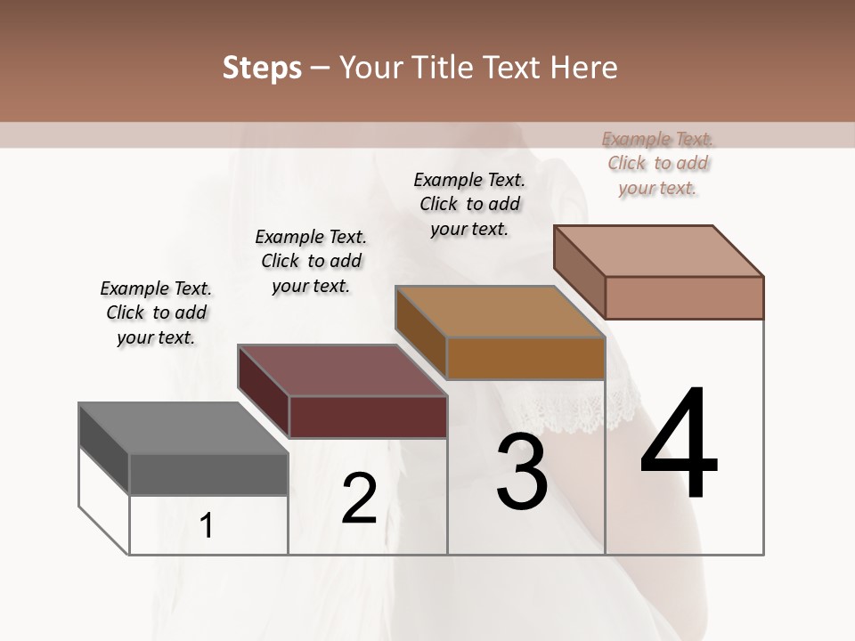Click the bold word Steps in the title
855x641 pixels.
click(x=261, y=68)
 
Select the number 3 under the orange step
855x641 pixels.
click(x=521, y=472)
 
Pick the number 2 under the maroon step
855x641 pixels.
click(x=359, y=499)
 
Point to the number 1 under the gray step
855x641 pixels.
click(x=207, y=525)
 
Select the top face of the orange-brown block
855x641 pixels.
click(x=500, y=312)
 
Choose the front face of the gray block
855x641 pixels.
click(x=208, y=474)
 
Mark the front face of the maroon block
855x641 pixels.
click(x=368, y=417)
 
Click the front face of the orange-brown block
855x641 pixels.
click(x=525, y=359)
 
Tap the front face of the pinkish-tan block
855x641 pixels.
click(x=684, y=297)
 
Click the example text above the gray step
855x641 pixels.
click(x=156, y=312)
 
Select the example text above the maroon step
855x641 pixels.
click(x=311, y=261)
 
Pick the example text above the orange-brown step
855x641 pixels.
click(x=469, y=204)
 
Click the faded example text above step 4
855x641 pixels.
click(x=658, y=163)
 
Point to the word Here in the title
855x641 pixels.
click(x=586, y=68)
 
